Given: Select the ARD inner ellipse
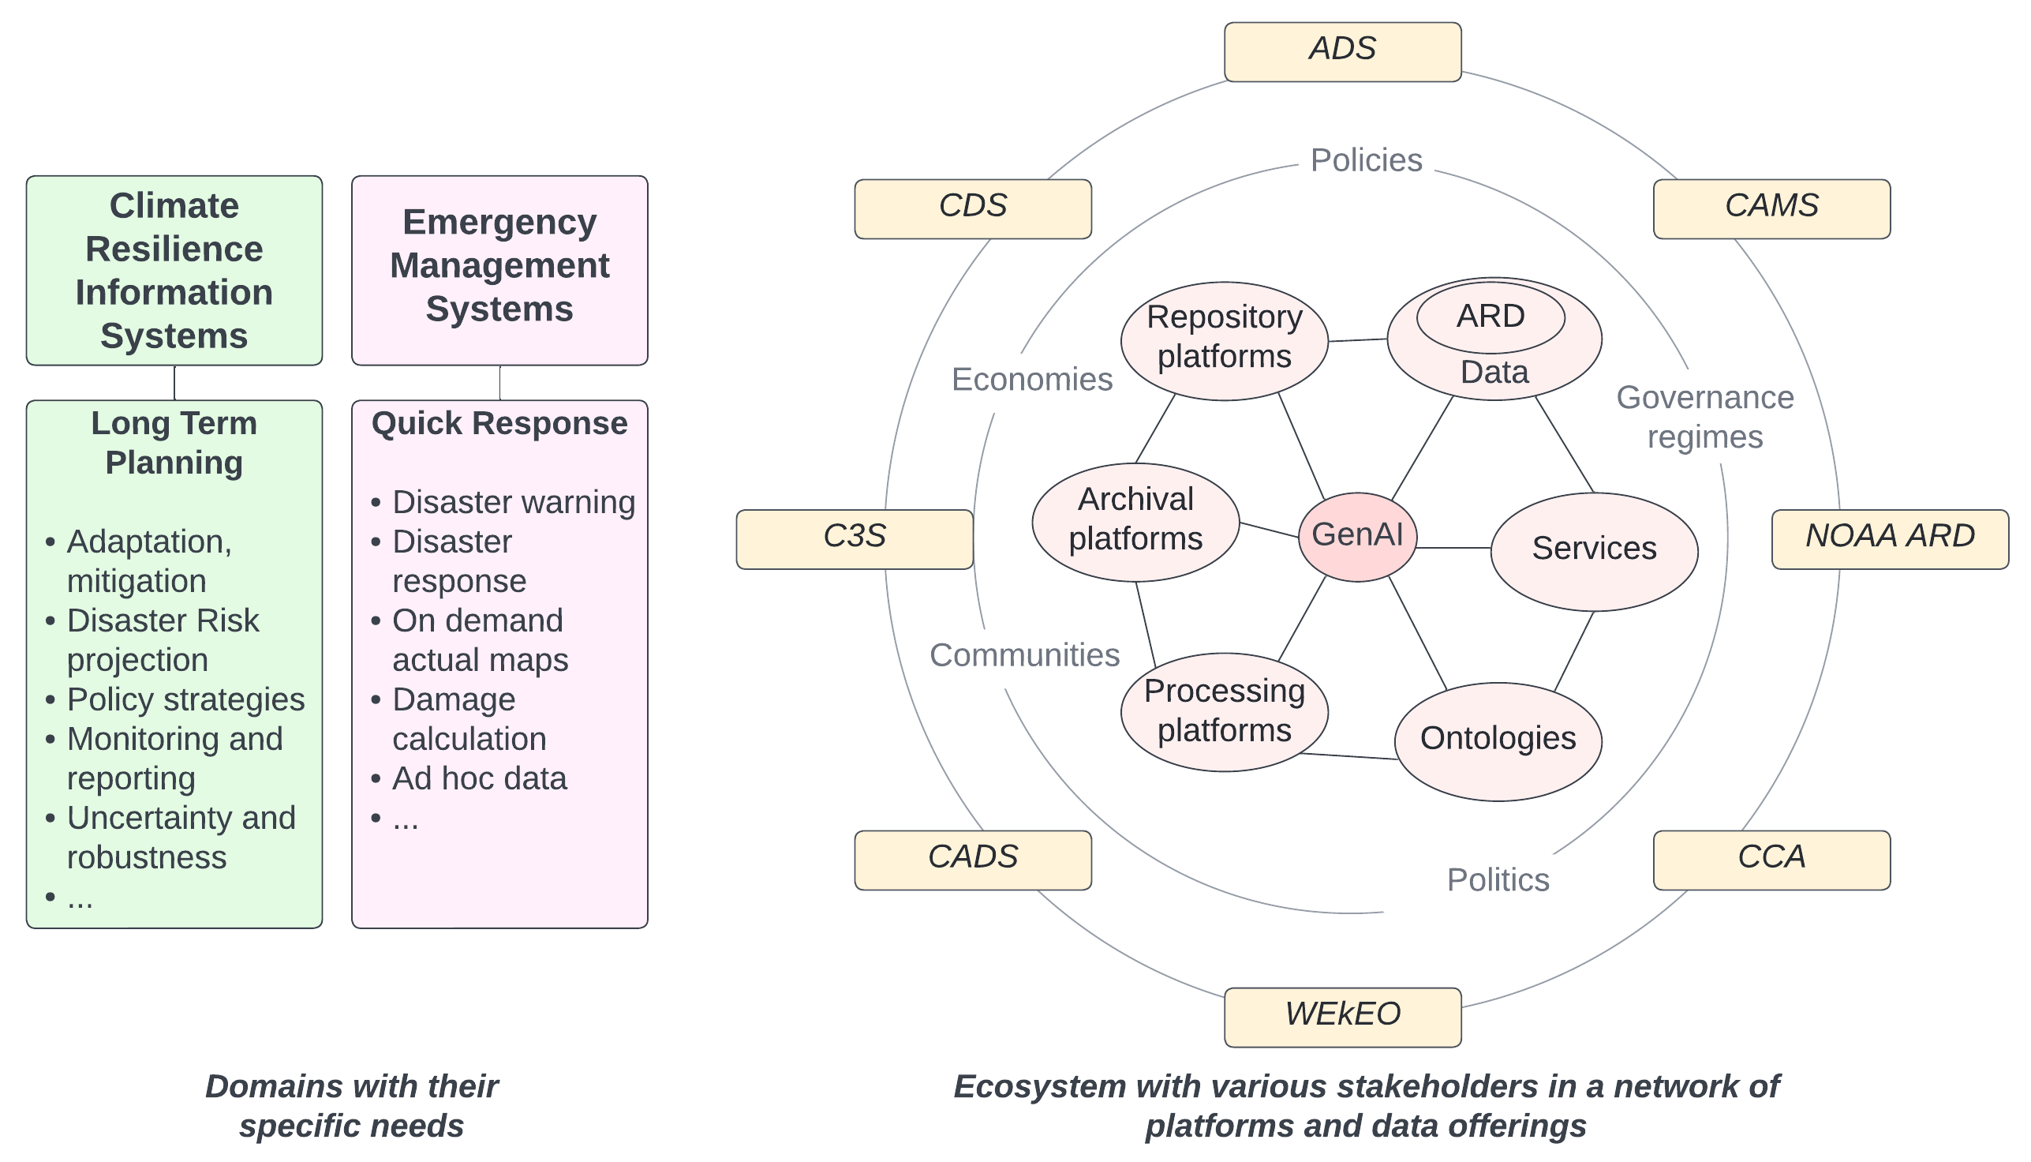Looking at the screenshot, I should point(1491,317).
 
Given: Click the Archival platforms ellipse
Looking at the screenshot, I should point(1135,521).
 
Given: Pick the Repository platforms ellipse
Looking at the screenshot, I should point(1224,340).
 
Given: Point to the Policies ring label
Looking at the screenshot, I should point(1366,160).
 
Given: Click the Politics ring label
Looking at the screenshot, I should point(1498,879).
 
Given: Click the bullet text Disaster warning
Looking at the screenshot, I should point(513,502).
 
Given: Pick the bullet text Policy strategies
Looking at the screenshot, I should point(185,699).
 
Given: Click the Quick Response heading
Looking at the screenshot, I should point(499,423).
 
